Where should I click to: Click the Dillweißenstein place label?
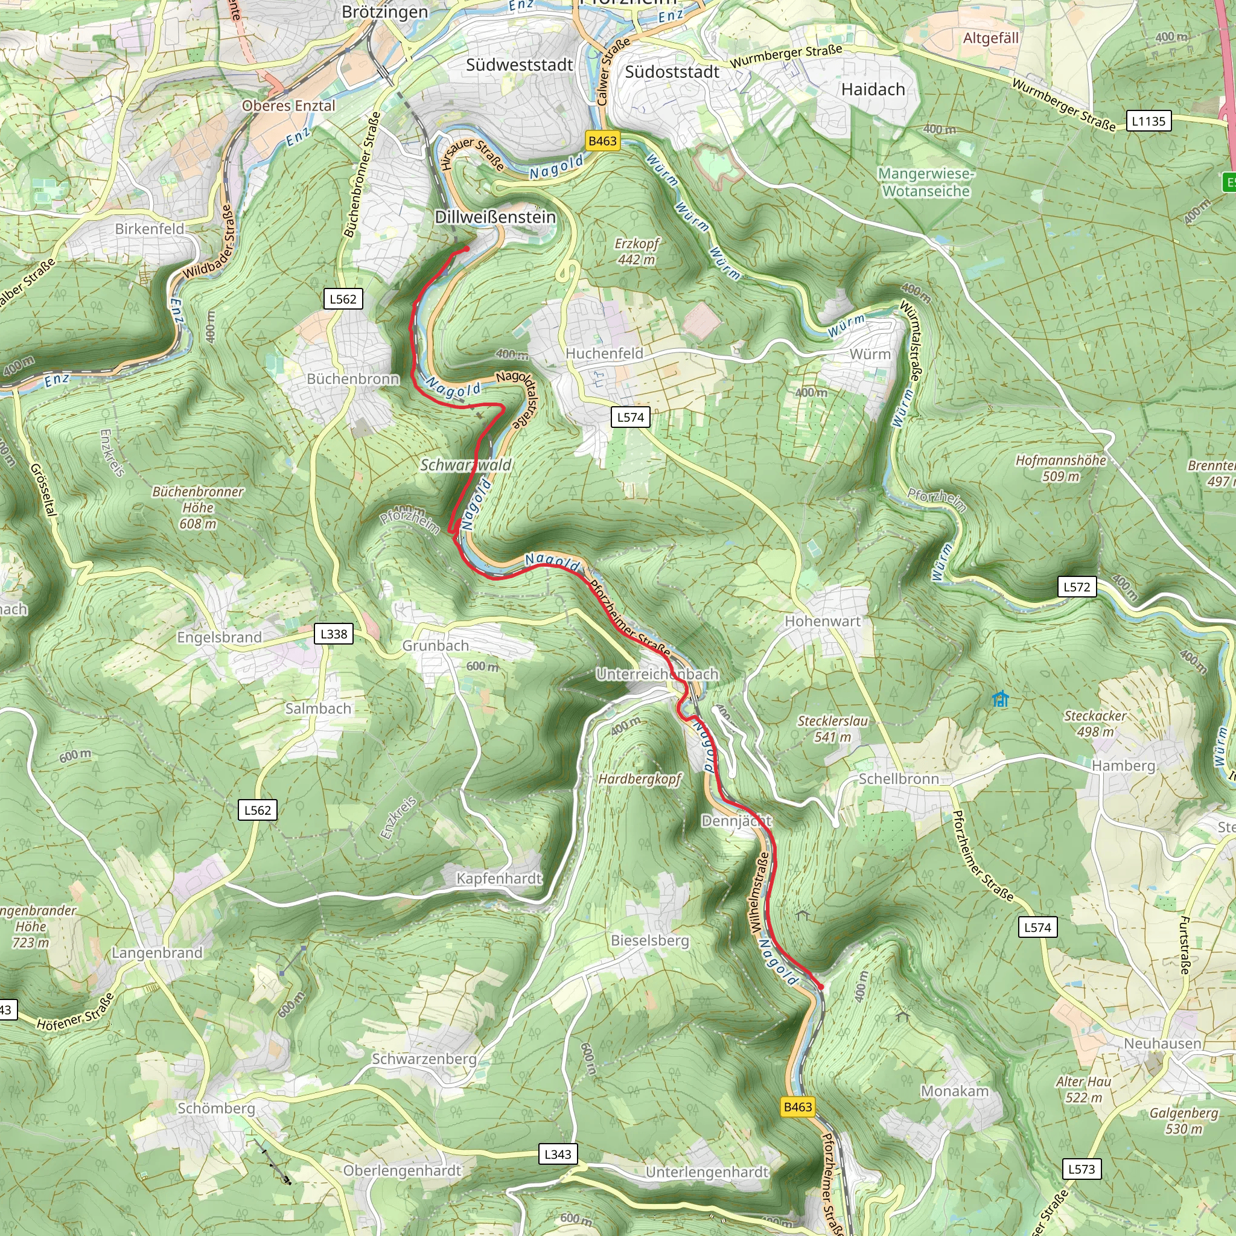coord(495,217)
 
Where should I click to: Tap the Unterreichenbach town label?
coord(657,674)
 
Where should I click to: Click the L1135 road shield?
coord(1148,121)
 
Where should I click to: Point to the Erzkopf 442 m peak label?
coord(636,252)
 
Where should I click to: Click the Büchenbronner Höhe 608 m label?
coord(198,508)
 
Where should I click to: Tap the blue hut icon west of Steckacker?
coord(1000,699)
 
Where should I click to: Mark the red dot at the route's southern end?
coord(820,987)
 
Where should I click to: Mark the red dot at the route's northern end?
coord(467,249)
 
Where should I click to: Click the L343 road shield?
coord(557,1154)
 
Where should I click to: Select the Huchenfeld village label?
coord(604,353)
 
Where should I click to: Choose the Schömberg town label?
coord(216,1108)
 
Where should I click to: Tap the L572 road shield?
coord(1077,587)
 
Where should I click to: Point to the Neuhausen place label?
coord(1162,1043)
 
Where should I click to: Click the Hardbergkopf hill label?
coord(640,779)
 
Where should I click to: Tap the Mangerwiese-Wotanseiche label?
coord(926,182)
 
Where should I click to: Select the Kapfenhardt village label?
coord(499,878)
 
